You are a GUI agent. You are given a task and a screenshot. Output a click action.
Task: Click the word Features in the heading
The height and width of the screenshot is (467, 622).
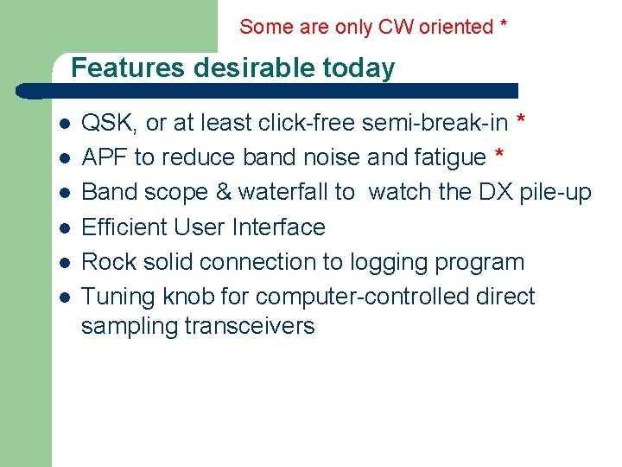tap(129, 67)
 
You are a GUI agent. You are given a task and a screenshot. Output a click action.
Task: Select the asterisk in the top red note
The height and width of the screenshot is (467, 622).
tap(504, 25)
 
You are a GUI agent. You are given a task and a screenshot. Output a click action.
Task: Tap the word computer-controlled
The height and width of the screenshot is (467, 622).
tap(364, 297)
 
